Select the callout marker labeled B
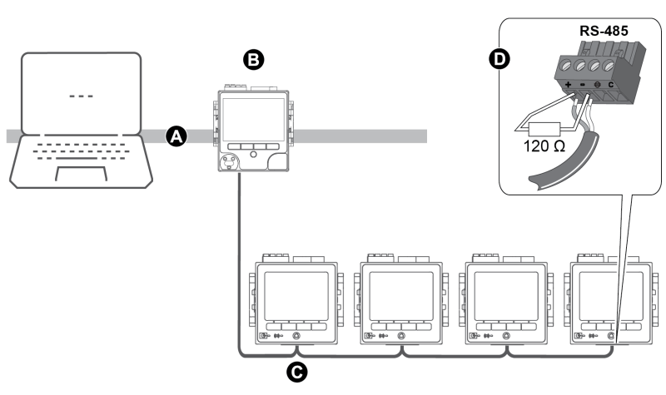click(x=251, y=58)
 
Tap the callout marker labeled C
click(x=294, y=373)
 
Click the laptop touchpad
click(x=81, y=172)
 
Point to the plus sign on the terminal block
click(x=568, y=86)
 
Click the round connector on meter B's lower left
click(x=226, y=160)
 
